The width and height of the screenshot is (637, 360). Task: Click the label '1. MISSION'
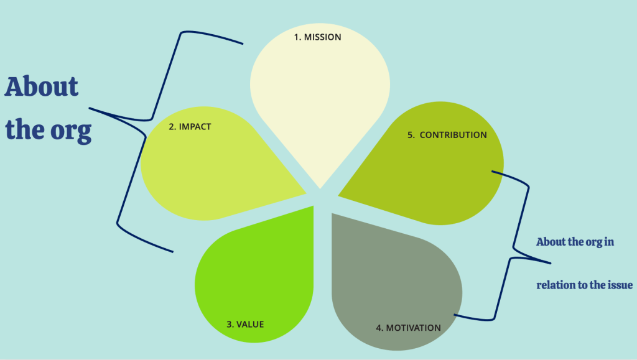click(x=317, y=37)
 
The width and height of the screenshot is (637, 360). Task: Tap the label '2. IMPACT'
click(x=190, y=127)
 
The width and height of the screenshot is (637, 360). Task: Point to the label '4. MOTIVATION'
click(x=408, y=328)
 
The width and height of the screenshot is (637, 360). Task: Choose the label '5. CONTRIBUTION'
click(x=447, y=134)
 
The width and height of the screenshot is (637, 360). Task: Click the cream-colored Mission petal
click(x=320, y=93)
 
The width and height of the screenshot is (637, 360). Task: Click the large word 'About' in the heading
click(x=42, y=87)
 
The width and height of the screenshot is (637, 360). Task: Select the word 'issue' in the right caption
click(x=620, y=285)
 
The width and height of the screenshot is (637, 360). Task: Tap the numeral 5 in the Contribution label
click(x=411, y=134)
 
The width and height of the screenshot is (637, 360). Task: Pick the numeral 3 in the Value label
click(x=229, y=324)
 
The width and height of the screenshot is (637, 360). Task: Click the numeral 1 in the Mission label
click(x=297, y=37)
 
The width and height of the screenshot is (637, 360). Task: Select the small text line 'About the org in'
click(x=575, y=242)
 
